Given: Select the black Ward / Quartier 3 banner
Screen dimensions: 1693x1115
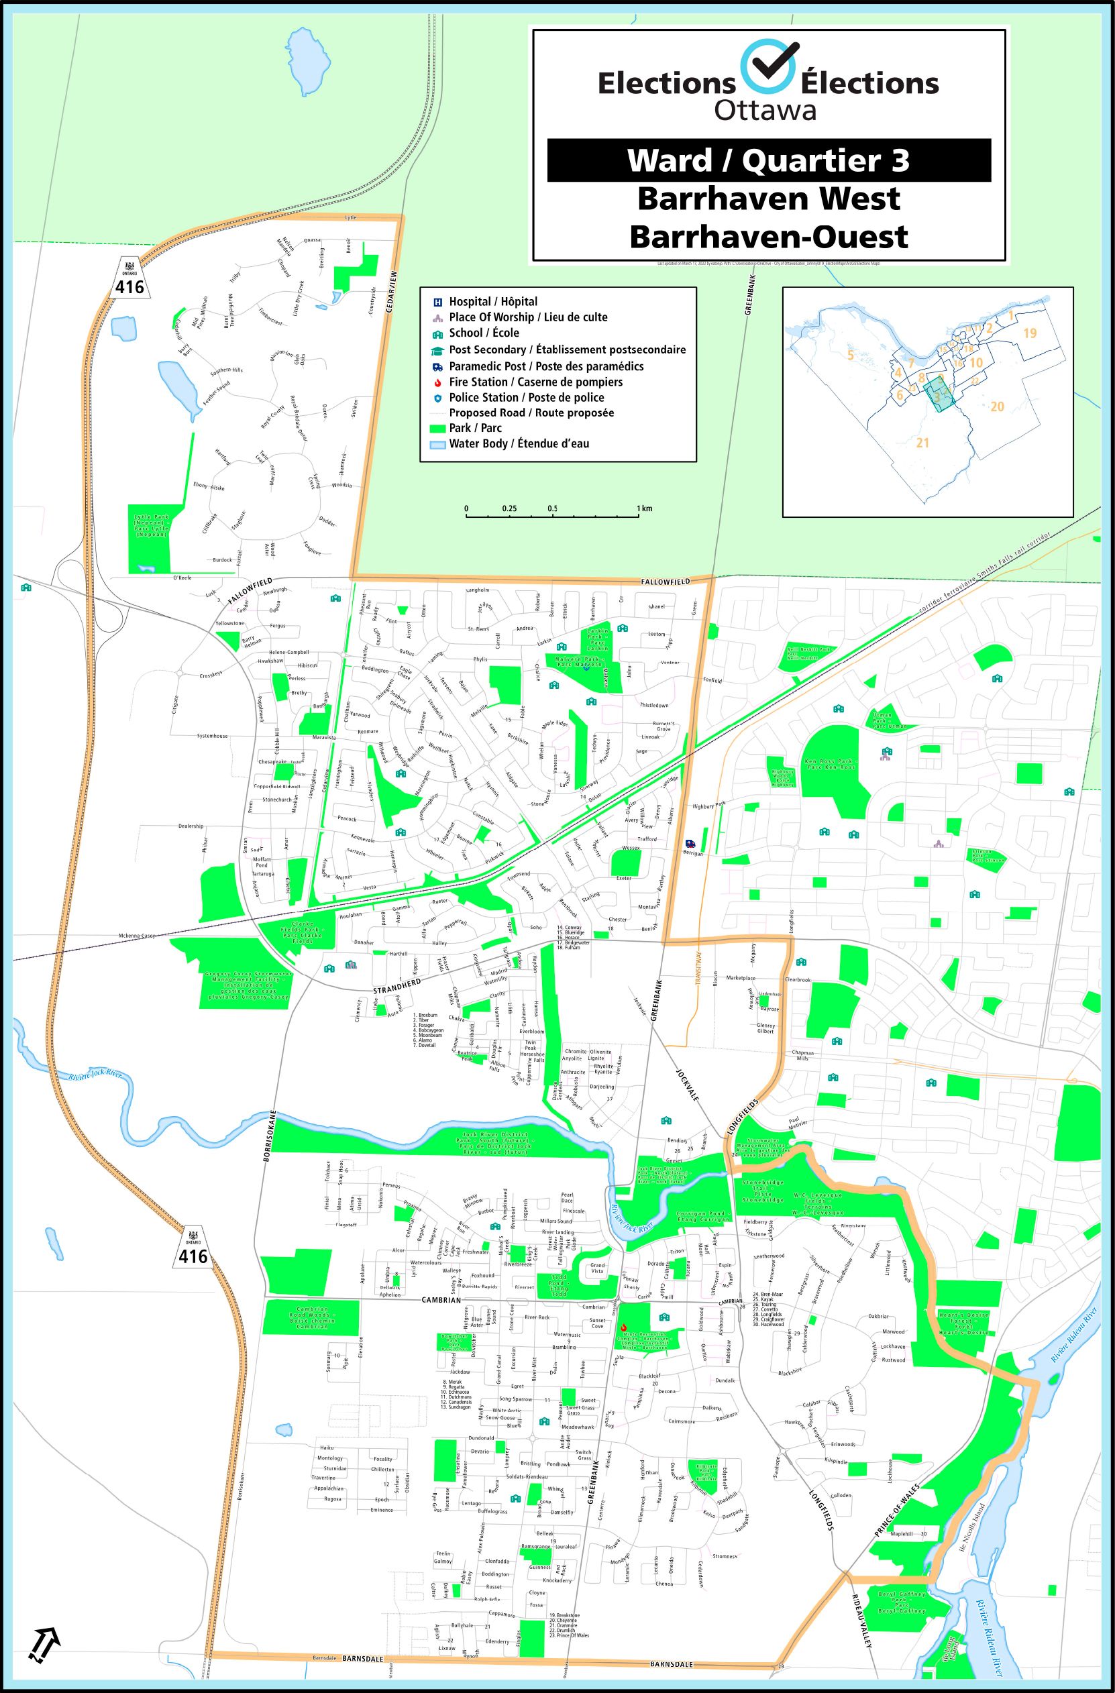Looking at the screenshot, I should pyautogui.click(x=768, y=160).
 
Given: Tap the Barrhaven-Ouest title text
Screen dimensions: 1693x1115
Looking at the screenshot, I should pyautogui.click(x=768, y=237).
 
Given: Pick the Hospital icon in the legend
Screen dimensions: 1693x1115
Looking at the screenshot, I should pyautogui.click(x=437, y=302).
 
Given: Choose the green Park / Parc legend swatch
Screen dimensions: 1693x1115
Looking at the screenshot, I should pyautogui.click(x=437, y=428).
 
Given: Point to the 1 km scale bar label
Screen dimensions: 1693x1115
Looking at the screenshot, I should pyautogui.click(x=645, y=508).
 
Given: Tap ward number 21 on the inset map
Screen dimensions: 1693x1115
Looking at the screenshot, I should pyautogui.click(x=922, y=443).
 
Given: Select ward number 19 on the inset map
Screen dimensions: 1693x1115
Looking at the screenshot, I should pyautogui.click(x=1030, y=333).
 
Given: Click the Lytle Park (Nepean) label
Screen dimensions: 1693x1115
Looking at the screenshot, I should pyautogui.click(x=150, y=525).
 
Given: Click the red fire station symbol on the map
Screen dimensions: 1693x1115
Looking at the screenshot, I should pyautogui.click(x=623, y=1327).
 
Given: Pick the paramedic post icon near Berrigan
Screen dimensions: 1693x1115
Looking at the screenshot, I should pyautogui.click(x=688, y=844).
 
